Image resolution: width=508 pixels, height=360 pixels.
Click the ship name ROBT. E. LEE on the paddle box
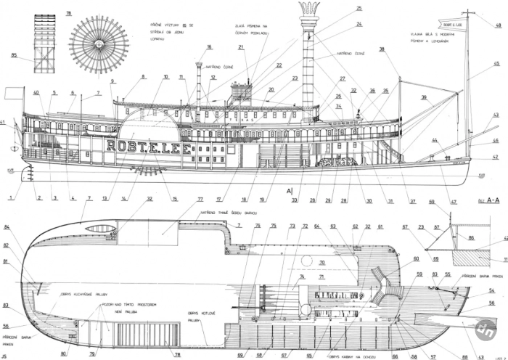pyautogui.click(x=142, y=144)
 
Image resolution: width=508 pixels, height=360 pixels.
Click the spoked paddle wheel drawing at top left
pyautogui.click(x=99, y=44)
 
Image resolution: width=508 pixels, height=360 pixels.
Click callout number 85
pyautogui.click(x=14, y=54)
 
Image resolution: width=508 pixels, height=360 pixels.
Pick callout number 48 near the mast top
pyautogui.click(x=498, y=25)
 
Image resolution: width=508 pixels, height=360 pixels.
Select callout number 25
pyautogui.click(x=359, y=8)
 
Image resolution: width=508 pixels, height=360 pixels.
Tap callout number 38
pyautogui.click(x=382, y=49)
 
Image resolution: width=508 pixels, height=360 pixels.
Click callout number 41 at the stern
pyautogui.click(x=3, y=121)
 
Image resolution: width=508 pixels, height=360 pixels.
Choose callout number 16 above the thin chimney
pyautogui.click(x=209, y=47)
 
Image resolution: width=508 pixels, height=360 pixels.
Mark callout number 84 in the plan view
pyautogui.click(x=7, y=228)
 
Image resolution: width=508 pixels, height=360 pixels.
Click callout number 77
pyautogui.click(x=200, y=199)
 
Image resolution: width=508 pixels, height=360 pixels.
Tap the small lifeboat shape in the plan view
pyautogui.click(x=97, y=230)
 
